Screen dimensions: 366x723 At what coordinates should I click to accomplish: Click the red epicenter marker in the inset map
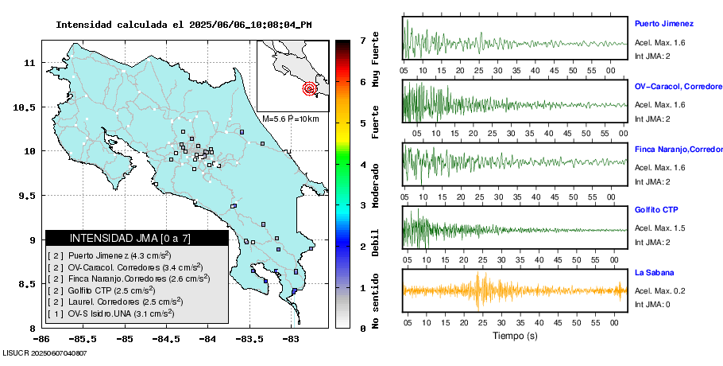point(309,88)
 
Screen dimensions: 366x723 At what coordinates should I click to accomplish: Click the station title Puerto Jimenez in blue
point(663,24)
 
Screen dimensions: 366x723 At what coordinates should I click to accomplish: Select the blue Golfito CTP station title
point(655,209)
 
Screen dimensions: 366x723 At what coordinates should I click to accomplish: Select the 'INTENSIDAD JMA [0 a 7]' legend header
point(130,238)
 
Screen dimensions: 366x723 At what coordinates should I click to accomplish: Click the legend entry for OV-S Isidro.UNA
point(116,313)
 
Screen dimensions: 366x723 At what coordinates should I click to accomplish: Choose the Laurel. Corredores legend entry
point(116,302)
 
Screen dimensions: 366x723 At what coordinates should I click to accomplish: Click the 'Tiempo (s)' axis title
point(514,336)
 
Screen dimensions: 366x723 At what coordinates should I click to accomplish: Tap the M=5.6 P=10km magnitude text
point(290,119)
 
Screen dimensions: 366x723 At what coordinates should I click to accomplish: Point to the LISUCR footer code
point(45,352)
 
